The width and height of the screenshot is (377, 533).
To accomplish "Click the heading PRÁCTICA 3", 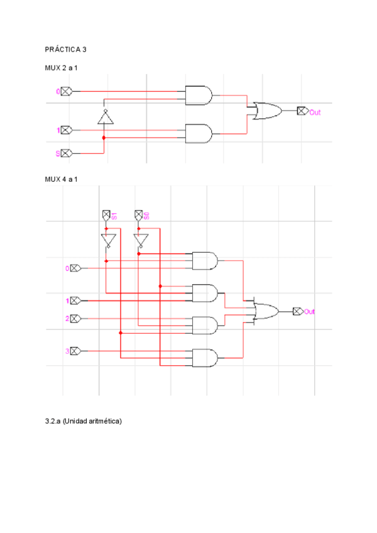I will pyautogui.click(x=66, y=48).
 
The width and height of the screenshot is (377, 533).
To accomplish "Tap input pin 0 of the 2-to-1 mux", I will pyautogui.click(x=66, y=92).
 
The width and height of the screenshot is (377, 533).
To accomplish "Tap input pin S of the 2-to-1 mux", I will pyautogui.click(x=66, y=153).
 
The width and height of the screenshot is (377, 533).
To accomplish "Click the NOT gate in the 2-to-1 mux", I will pyautogui.click(x=104, y=117).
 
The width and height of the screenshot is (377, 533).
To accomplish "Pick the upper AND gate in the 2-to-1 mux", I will pyautogui.click(x=199, y=96).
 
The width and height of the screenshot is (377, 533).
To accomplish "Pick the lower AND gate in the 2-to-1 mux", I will pyautogui.click(x=199, y=133).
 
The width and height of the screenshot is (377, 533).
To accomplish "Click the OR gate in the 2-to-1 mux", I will pyautogui.click(x=266, y=111).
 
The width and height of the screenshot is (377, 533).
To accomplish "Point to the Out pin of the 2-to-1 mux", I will pyautogui.click(x=302, y=111).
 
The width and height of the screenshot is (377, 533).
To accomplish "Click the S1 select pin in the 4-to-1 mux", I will pyautogui.click(x=106, y=216).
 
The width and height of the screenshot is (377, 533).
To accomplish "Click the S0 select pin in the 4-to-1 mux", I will pyautogui.click(x=139, y=216).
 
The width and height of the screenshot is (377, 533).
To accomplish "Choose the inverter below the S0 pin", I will pyautogui.click(x=139, y=241).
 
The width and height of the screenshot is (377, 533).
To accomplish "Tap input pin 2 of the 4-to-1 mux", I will pyautogui.click(x=75, y=319).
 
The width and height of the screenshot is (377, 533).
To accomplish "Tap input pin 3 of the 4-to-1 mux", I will pyautogui.click(x=75, y=350).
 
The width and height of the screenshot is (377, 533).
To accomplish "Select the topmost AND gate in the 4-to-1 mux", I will pyautogui.click(x=205, y=260).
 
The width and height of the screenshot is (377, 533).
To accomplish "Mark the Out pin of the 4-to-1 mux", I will pyautogui.click(x=298, y=311).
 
